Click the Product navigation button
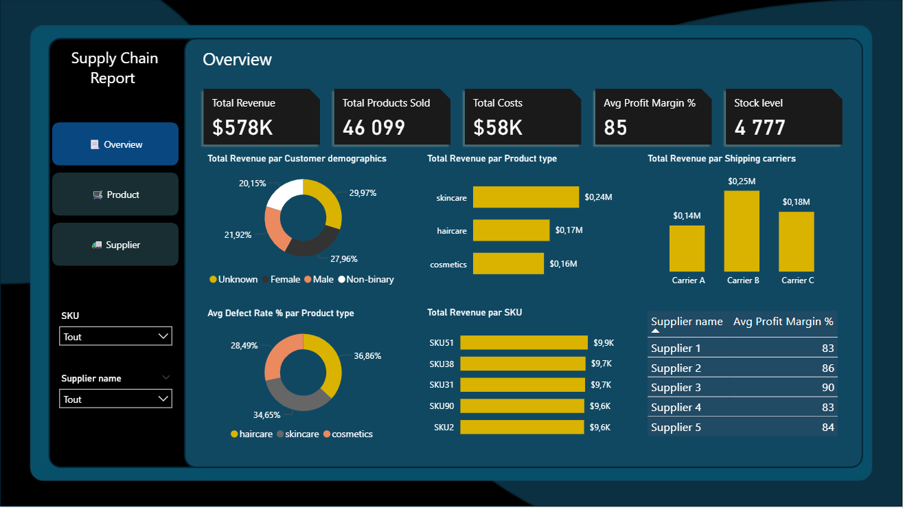[x=115, y=195]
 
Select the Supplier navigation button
[x=115, y=245]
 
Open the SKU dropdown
[x=115, y=336]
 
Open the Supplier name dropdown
[x=115, y=399]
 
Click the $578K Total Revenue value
[x=242, y=127]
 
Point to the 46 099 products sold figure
[x=374, y=127]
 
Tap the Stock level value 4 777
[x=759, y=127]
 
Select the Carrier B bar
[x=742, y=231]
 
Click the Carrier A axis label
[x=688, y=280]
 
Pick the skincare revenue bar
[x=526, y=197]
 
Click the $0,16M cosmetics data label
[x=563, y=263]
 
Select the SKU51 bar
[x=524, y=342]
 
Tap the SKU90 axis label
[x=442, y=406]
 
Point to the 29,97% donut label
[x=363, y=193]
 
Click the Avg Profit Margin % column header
[x=783, y=322]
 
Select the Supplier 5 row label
[x=676, y=427]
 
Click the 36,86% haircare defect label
[x=367, y=356]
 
